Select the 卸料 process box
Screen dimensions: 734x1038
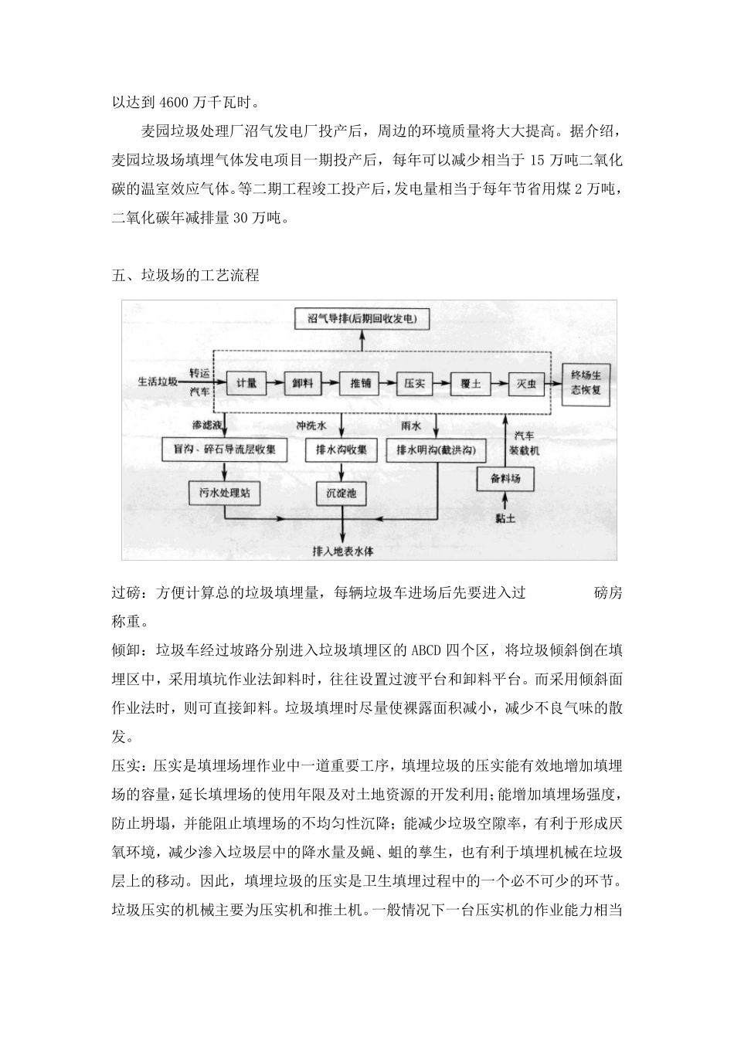coord(301,383)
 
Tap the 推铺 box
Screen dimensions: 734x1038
coord(359,383)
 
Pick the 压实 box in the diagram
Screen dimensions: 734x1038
coord(413,383)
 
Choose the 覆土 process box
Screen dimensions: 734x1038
coord(471,383)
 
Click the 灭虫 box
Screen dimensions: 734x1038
coord(527,383)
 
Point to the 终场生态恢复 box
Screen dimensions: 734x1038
coord(591,382)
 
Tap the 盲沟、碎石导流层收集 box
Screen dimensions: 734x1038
coord(225,449)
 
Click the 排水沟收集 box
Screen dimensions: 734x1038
coord(342,449)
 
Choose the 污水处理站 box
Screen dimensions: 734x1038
coord(224,492)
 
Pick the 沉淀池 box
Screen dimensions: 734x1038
coord(341,492)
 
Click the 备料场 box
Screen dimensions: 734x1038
coord(505,479)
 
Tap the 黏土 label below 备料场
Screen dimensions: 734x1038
coord(505,518)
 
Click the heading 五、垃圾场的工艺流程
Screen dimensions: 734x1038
coord(185,276)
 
